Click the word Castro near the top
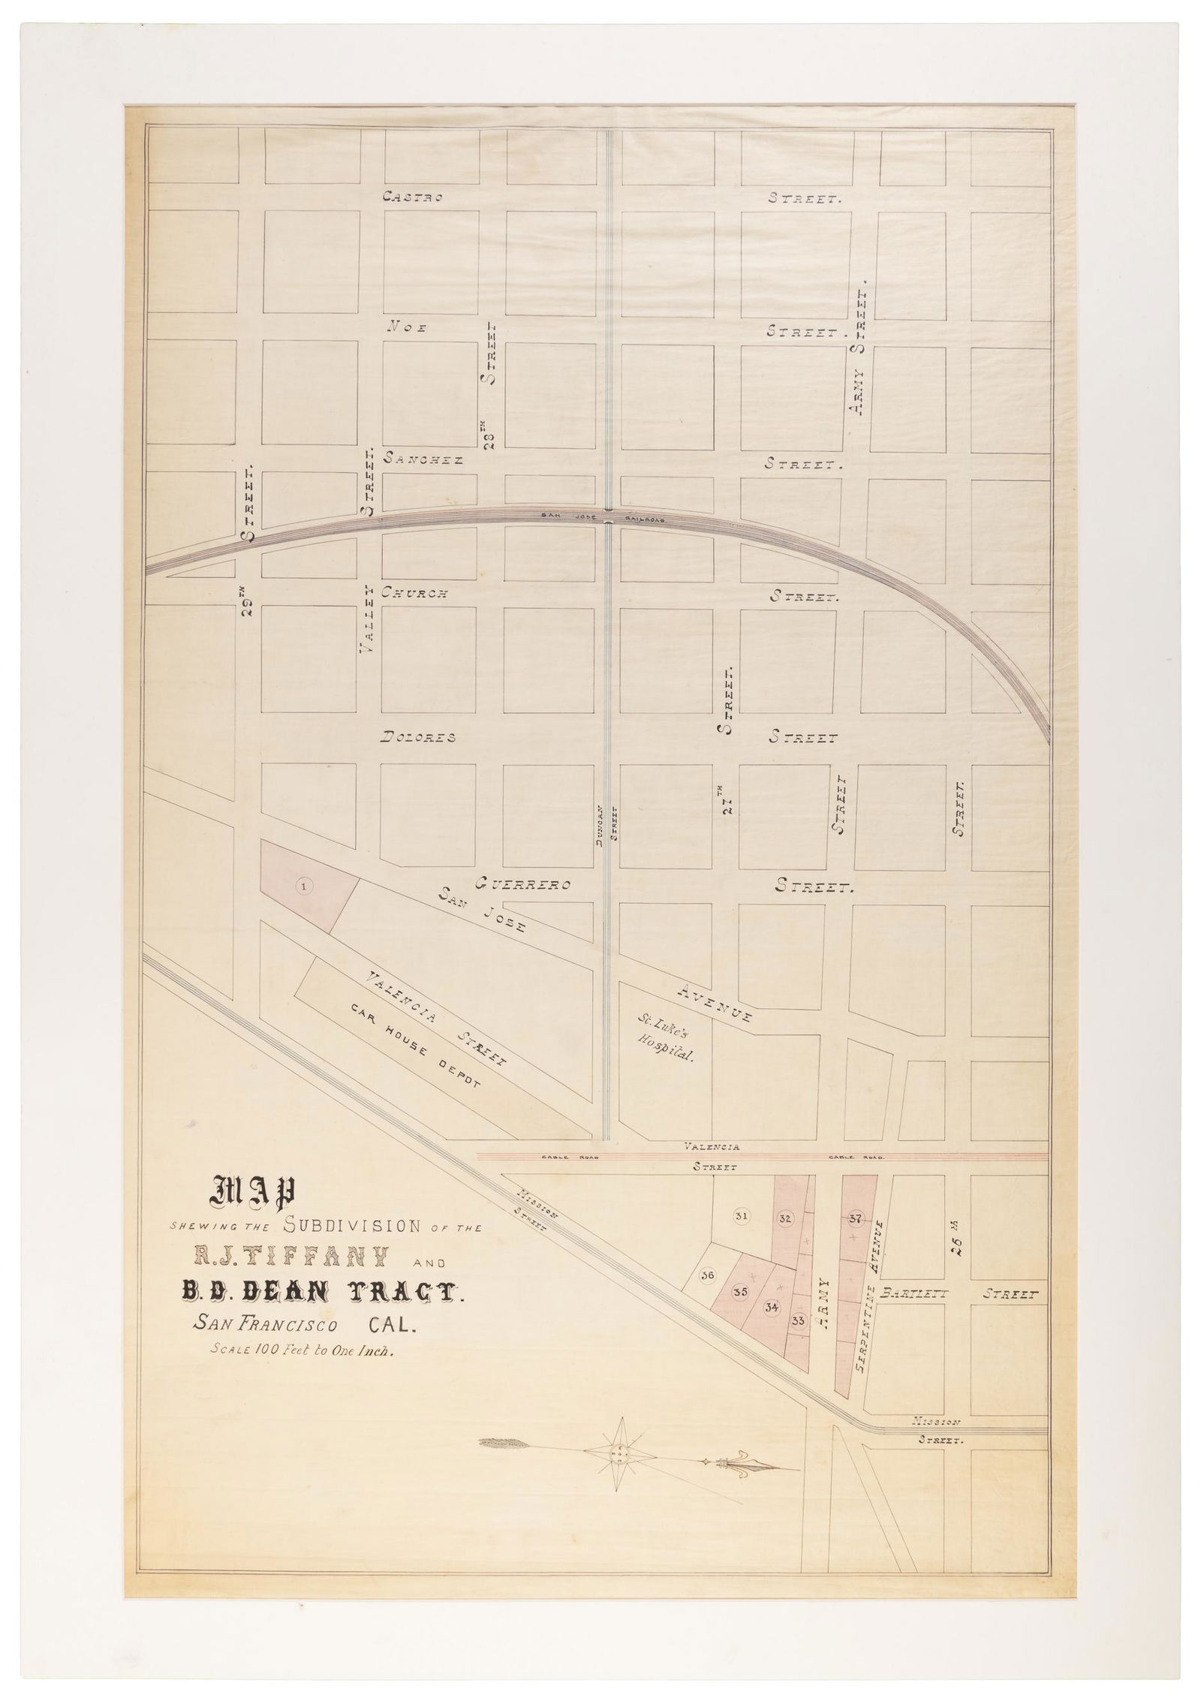click(x=412, y=197)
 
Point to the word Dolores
click(x=419, y=737)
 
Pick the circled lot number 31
click(x=740, y=1217)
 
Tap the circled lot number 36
click(x=706, y=1275)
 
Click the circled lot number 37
click(x=855, y=1218)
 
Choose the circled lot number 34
click(x=771, y=1307)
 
